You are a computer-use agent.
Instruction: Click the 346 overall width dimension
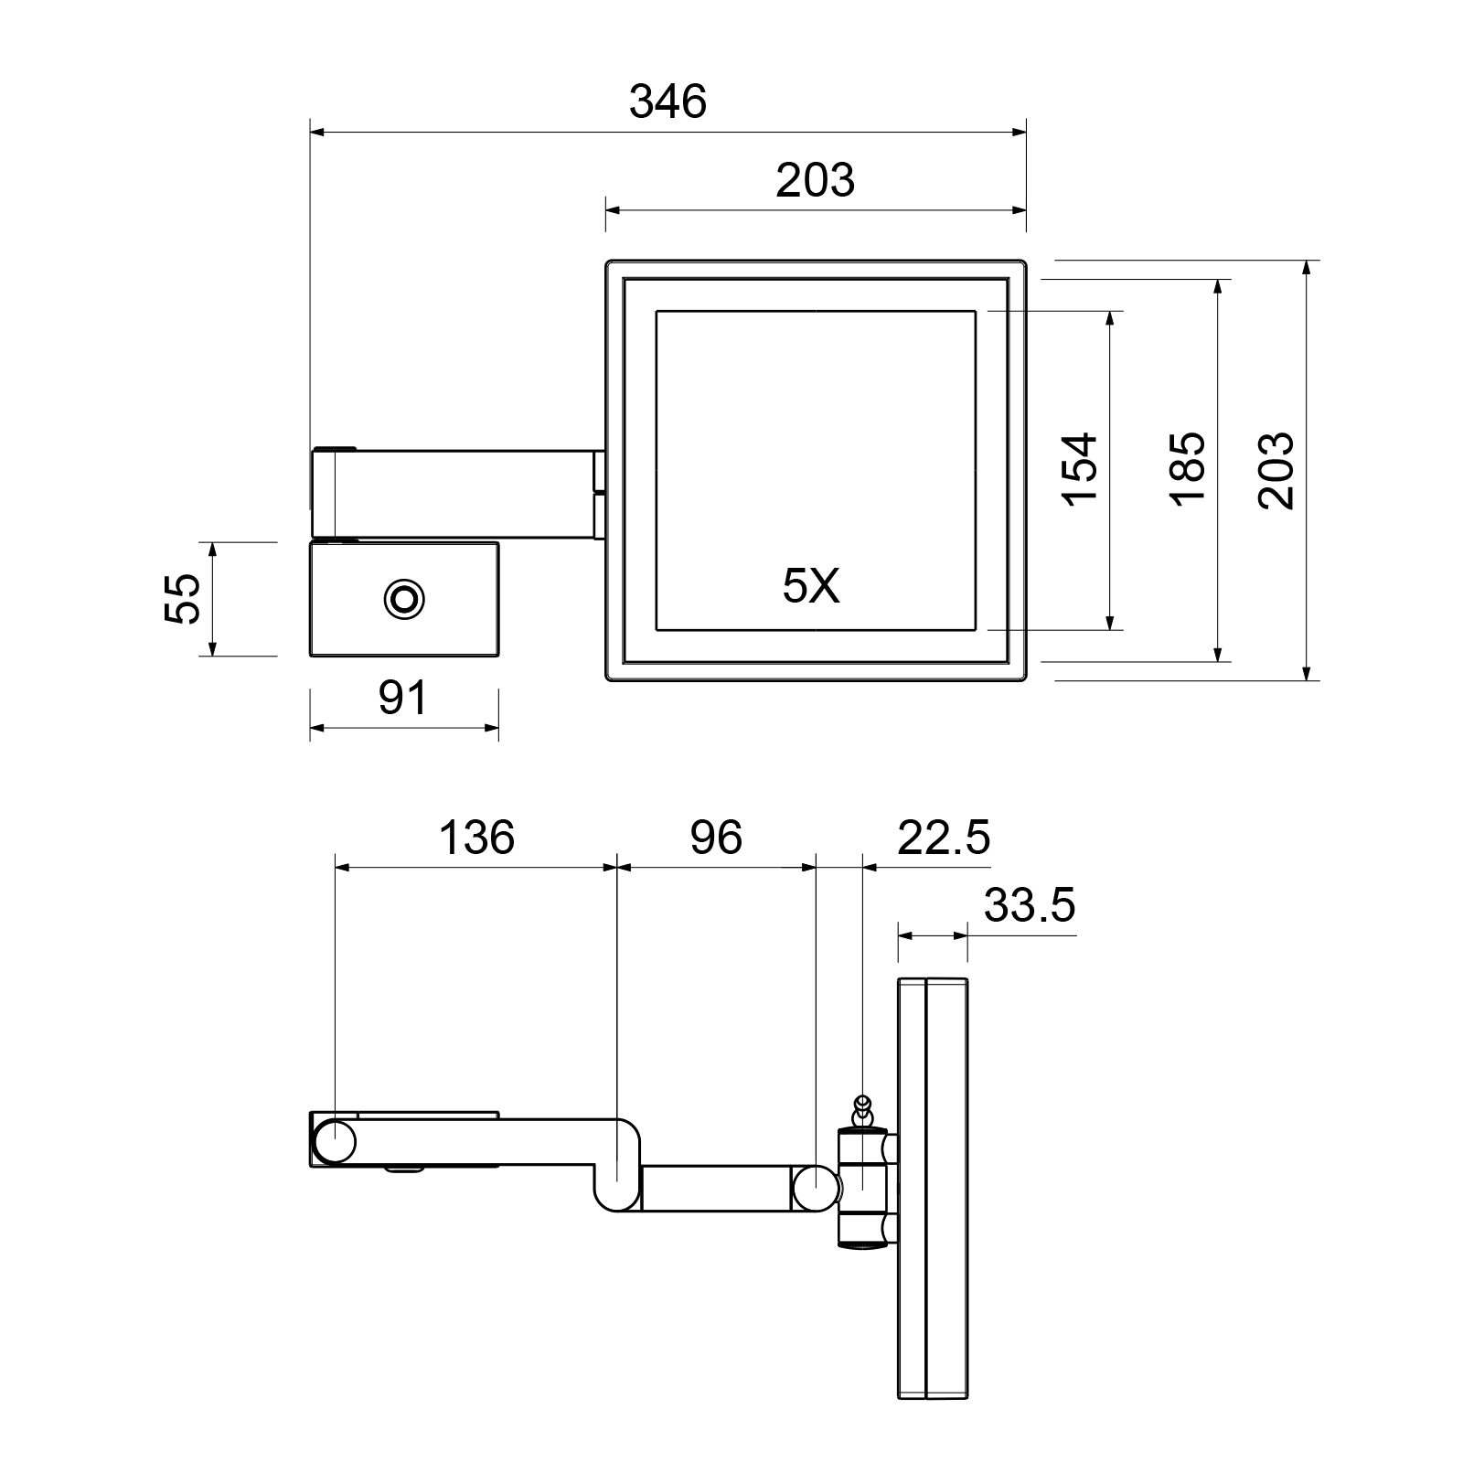(x=668, y=101)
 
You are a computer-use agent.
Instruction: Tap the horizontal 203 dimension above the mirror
(x=815, y=180)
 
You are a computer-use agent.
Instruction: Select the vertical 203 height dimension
(x=1276, y=470)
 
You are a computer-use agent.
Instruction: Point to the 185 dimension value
(x=1188, y=469)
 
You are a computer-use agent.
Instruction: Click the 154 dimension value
(x=1079, y=469)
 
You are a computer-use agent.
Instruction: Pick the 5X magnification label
(x=811, y=586)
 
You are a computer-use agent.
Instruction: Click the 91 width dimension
(x=402, y=699)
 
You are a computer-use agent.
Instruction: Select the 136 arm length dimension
(x=477, y=838)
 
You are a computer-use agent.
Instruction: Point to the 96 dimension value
(x=716, y=838)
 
